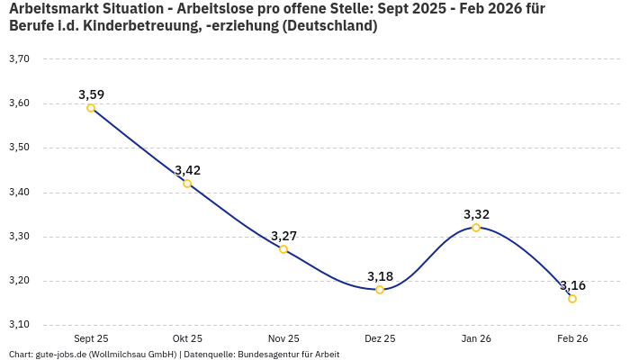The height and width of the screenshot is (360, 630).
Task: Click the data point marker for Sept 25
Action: (91, 108)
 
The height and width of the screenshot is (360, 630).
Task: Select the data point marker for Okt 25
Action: (187, 184)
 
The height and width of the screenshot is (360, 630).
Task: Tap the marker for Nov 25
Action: (283, 249)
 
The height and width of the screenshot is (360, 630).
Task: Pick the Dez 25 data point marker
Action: (380, 290)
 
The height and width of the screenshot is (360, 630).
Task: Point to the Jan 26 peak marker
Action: (476, 228)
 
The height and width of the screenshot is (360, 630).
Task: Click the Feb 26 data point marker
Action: (572, 299)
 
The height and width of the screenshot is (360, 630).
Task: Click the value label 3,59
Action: (91, 94)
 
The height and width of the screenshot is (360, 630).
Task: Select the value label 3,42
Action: (187, 170)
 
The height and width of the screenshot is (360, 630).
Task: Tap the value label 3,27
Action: (283, 236)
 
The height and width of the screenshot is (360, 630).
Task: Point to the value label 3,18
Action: (380, 275)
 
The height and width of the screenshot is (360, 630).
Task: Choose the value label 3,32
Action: (476, 214)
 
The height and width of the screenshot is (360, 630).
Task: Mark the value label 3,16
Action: (572, 285)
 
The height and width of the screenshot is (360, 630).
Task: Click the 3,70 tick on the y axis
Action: (19, 58)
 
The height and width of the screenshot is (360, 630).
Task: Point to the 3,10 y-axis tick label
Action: (19, 325)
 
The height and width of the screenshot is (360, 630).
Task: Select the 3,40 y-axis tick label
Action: (19, 192)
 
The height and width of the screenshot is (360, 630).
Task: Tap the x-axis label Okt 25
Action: (187, 338)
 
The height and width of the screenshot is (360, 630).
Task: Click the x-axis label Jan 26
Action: (476, 338)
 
